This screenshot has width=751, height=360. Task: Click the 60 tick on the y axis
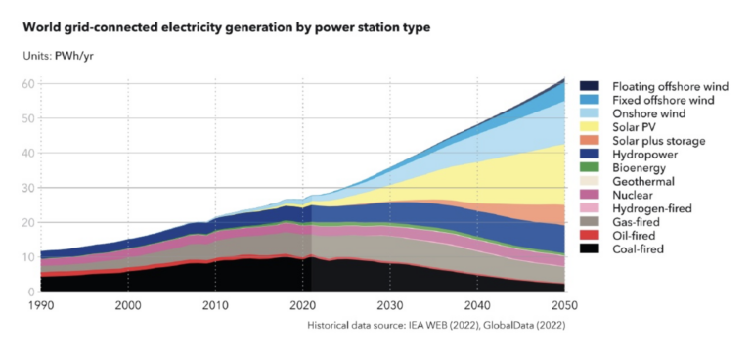click(29, 84)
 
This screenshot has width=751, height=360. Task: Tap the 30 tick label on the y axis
click(29, 188)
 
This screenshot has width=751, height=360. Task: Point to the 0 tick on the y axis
click(32, 292)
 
